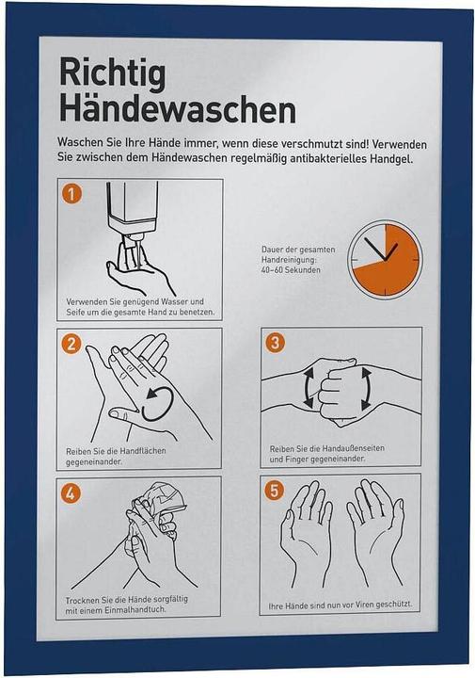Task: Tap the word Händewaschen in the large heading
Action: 178,110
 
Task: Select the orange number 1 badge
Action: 71,194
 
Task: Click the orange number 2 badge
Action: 71,344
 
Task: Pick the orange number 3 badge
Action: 275,343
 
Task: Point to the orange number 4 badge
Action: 71,493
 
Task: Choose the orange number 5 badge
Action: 275,491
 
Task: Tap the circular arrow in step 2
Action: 158,403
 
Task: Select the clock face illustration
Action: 385,260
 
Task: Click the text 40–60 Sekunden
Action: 291,270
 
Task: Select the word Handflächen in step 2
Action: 143,451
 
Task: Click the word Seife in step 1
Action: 76,313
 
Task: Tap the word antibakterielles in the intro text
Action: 327,158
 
